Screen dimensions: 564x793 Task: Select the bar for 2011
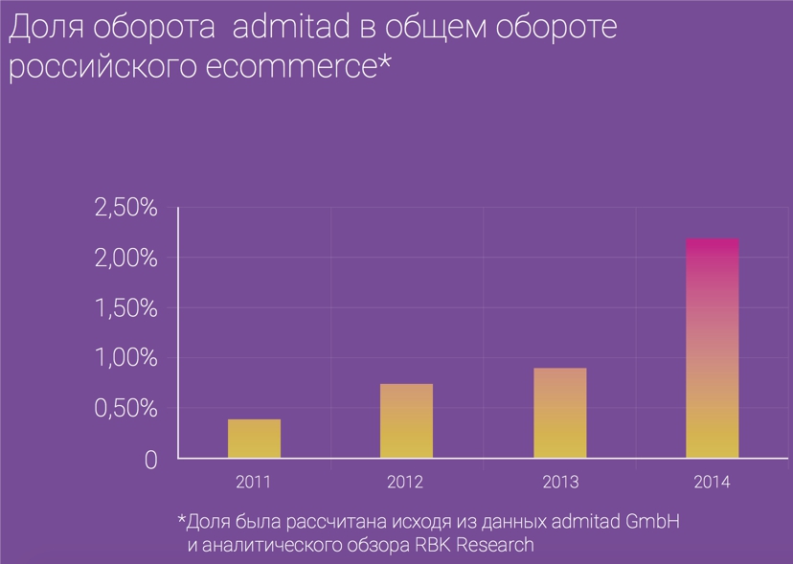click(x=254, y=439)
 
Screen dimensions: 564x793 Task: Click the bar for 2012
click(x=406, y=421)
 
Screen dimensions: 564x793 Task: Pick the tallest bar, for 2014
click(x=712, y=349)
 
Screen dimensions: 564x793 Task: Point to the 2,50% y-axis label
click(x=125, y=208)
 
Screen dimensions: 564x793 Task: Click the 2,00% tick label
click(x=125, y=258)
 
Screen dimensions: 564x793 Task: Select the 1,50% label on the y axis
click(x=125, y=308)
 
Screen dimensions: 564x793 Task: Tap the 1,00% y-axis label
click(x=125, y=358)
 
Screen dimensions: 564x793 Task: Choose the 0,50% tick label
click(x=125, y=409)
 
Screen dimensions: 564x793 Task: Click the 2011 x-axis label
click(x=253, y=483)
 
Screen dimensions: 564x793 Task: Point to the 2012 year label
click(x=406, y=483)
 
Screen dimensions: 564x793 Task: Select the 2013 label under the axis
click(x=559, y=483)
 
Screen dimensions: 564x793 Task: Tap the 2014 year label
click(x=712, y=483)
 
